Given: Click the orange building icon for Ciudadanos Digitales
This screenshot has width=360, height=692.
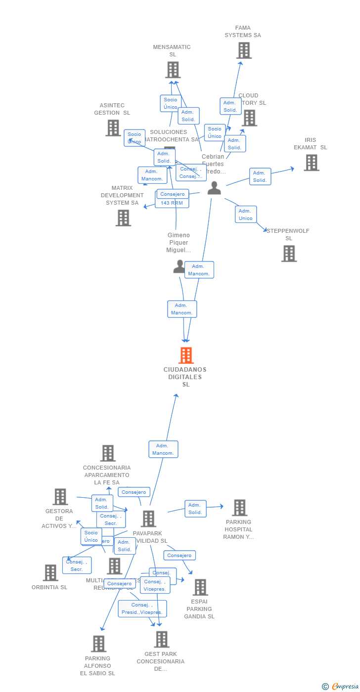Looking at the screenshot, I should tap(186, 355).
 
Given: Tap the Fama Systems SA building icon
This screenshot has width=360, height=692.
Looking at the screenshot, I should tap(243, 50).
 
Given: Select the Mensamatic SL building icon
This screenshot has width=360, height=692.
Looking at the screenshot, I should tap(173, 70).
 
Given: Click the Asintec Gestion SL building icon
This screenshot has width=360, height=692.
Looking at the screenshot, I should tap(113, 128).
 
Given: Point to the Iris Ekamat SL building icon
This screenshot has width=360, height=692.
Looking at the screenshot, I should tap(311, 163).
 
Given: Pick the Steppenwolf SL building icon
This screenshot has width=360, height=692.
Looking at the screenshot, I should tap(289, 254).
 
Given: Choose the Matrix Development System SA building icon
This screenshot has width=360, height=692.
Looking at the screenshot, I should tap(123, 218).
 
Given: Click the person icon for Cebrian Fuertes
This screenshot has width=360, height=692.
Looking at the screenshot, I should tap(214, 188).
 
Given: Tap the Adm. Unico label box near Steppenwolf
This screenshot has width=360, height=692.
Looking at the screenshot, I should tap(246, 215).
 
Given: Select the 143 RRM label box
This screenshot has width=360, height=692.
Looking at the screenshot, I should tap(172, 203).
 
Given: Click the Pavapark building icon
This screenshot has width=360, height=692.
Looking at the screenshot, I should tap(148, 519).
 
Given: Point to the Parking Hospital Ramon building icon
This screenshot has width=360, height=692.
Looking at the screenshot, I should tap(239, 508).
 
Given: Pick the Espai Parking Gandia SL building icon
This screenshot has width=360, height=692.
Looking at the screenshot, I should tap(200, 587).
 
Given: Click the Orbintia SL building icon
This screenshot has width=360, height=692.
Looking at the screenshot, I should tap(50, 573).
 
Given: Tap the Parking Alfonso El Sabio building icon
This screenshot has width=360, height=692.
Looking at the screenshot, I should tap(98, 644).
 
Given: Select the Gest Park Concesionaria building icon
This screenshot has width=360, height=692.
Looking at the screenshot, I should tap(161, 639).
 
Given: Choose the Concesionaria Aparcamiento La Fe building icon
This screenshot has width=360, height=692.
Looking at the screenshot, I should tap(108, 453).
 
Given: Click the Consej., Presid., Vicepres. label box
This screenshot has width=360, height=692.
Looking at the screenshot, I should tap(142, 608).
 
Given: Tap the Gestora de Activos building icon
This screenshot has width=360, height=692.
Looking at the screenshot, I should tap(60, 497).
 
